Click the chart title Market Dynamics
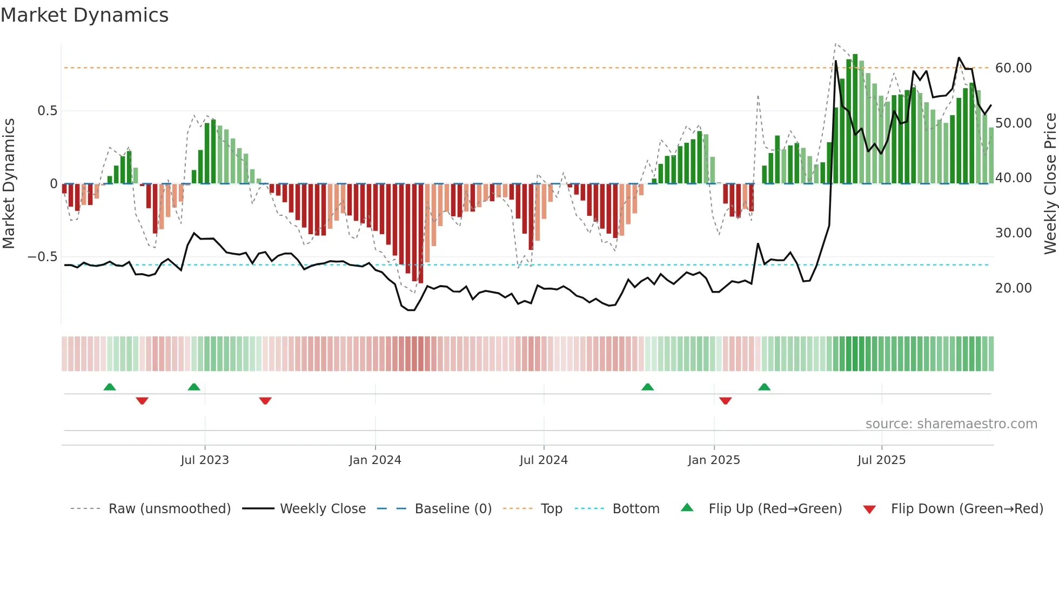pyautogui.click(x=84, y=15)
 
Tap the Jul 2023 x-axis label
pyautogui.click(x=205, y=460)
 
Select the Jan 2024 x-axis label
pyautogui.click(x=375, y=460)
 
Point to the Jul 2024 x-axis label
pyautogui.click(x=544, y=460)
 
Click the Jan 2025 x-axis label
pyautogui.click(x=714, y=460)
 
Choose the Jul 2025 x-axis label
pyautogui.click(x=881, y=460)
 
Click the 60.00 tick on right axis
pyautogui.click(x=1013, y=68)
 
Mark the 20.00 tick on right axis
pyautogui.click(x=1013, y=288)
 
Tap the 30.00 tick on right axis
pyautogui.click(x=1013, y=233)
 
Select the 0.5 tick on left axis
pyautogui.click(x=47, y=111)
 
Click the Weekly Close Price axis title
pyautogui.click(x=1050, y=184)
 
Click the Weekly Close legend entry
pyautogui.click(x=323, y=509)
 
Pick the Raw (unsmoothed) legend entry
pyautogui.click(x=169, y=509)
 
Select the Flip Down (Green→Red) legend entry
pyautogui.click(x=967, y=509)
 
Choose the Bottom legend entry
pyautogui.click(x=635, y=509)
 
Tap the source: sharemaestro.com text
pyautogui.click(x=951, y=424)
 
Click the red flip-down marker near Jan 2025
pyautogui.click(x=726, y=401)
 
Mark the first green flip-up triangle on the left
pyautogui.click(x=110, y=387)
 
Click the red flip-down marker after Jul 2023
pyautogui.click(x=265, y=401)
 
